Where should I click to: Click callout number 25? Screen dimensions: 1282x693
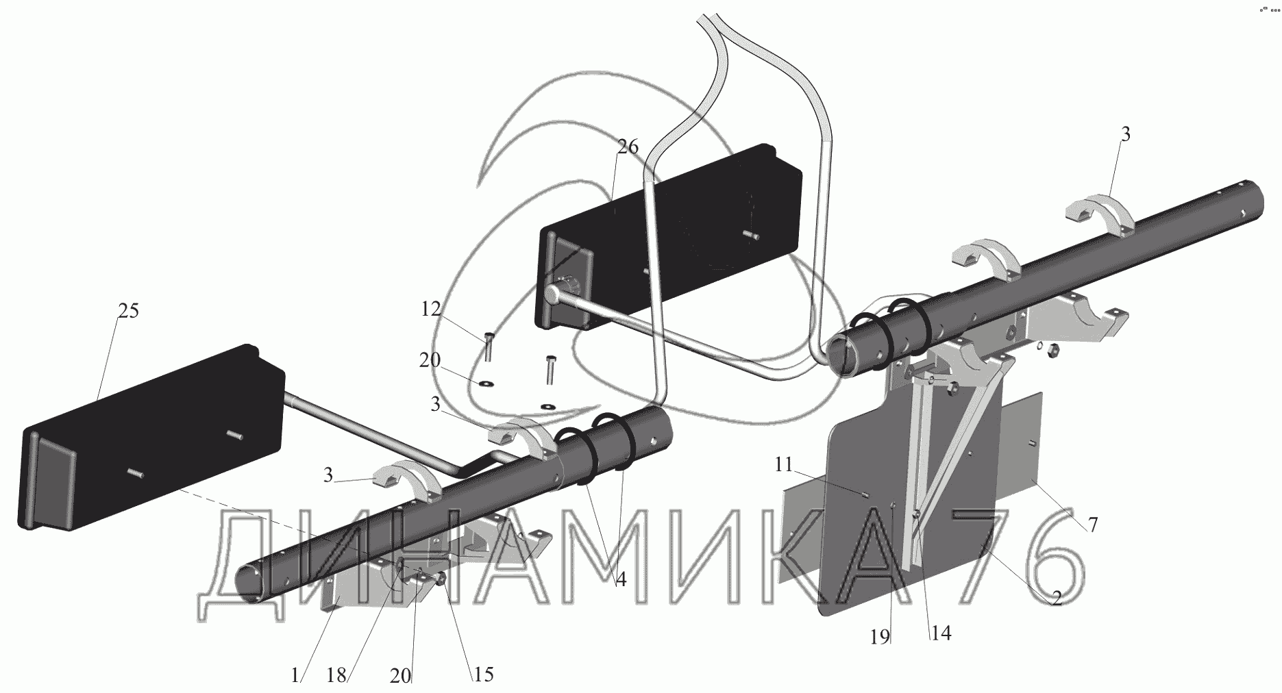click(128, 311)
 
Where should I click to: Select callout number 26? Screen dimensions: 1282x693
click(628, 147)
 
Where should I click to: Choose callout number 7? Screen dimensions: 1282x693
click(1092, 525)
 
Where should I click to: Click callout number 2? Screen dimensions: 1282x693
click(1056, 598)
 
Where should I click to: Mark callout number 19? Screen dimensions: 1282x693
click(880, 637)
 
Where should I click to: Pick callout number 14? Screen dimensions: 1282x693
click(941, 633)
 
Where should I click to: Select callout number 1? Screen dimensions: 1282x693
click(295, 676)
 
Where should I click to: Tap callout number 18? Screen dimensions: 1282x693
click(336, 676)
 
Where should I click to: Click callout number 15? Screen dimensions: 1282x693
click(483, 675)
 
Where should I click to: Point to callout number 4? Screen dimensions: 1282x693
click(620, 580)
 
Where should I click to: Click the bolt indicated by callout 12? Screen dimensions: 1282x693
click(486, 346)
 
